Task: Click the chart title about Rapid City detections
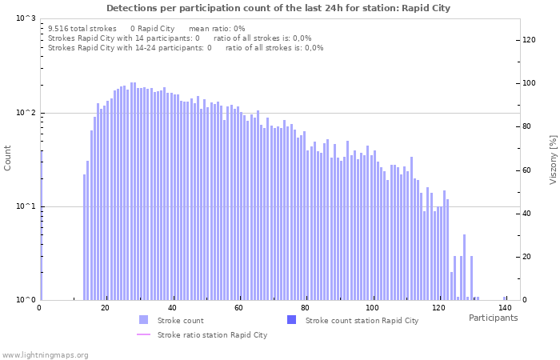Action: point(278,8)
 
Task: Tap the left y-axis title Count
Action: point(8,158)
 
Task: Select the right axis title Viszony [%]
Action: point(552,159)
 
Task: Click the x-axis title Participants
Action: point(493,318)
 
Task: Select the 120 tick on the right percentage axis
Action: point(529,40)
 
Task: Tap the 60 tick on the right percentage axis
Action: point(529,170)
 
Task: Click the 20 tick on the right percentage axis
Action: point(529,257)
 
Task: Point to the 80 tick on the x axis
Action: point(305,307)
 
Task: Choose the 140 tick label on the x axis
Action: point(504,307)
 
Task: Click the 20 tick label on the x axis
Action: point(106,307)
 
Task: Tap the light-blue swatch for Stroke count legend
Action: point(143,320)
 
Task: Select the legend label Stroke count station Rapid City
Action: point(362,321)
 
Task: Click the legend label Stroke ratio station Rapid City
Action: point(212,335)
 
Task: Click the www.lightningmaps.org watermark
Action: point(45,354)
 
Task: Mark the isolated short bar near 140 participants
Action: point(505,298)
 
